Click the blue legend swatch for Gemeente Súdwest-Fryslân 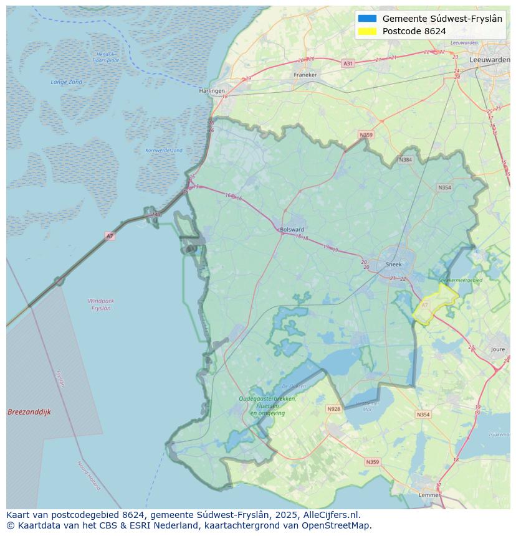click(368, 19)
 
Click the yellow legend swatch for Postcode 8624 click(368, 31)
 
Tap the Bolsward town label click(292, 229)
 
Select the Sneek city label click(394, 264)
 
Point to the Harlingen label click(212, 91)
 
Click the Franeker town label click(305, 75)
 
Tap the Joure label click(498, 350)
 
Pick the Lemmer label click(429, 495)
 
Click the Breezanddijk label click(29, 412)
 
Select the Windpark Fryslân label click(101, 304)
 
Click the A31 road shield click(348, 63)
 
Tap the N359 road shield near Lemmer click(372, 462)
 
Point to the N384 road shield click(406, 160)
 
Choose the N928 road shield click(334, 409)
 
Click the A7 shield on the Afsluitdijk click(110, 236)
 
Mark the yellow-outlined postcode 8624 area click(436, 305)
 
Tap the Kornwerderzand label click(164, 151)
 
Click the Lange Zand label click(67, 82)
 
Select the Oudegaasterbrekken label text click(267, 398)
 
